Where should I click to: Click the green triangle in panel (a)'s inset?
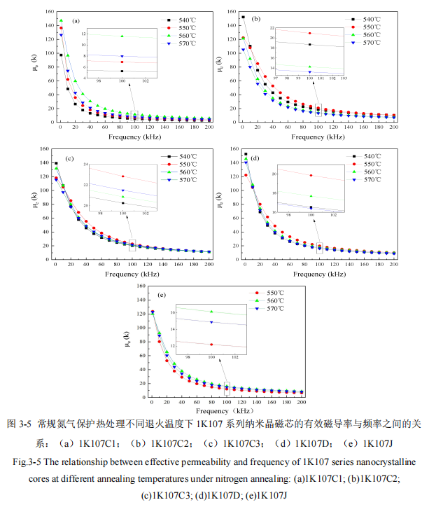coord(122,36)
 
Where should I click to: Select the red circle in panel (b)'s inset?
coord(309,34)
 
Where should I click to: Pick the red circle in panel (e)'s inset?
coord(211,345)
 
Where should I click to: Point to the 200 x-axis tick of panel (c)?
coord(210,265)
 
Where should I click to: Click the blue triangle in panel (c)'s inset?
coord(122,190)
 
